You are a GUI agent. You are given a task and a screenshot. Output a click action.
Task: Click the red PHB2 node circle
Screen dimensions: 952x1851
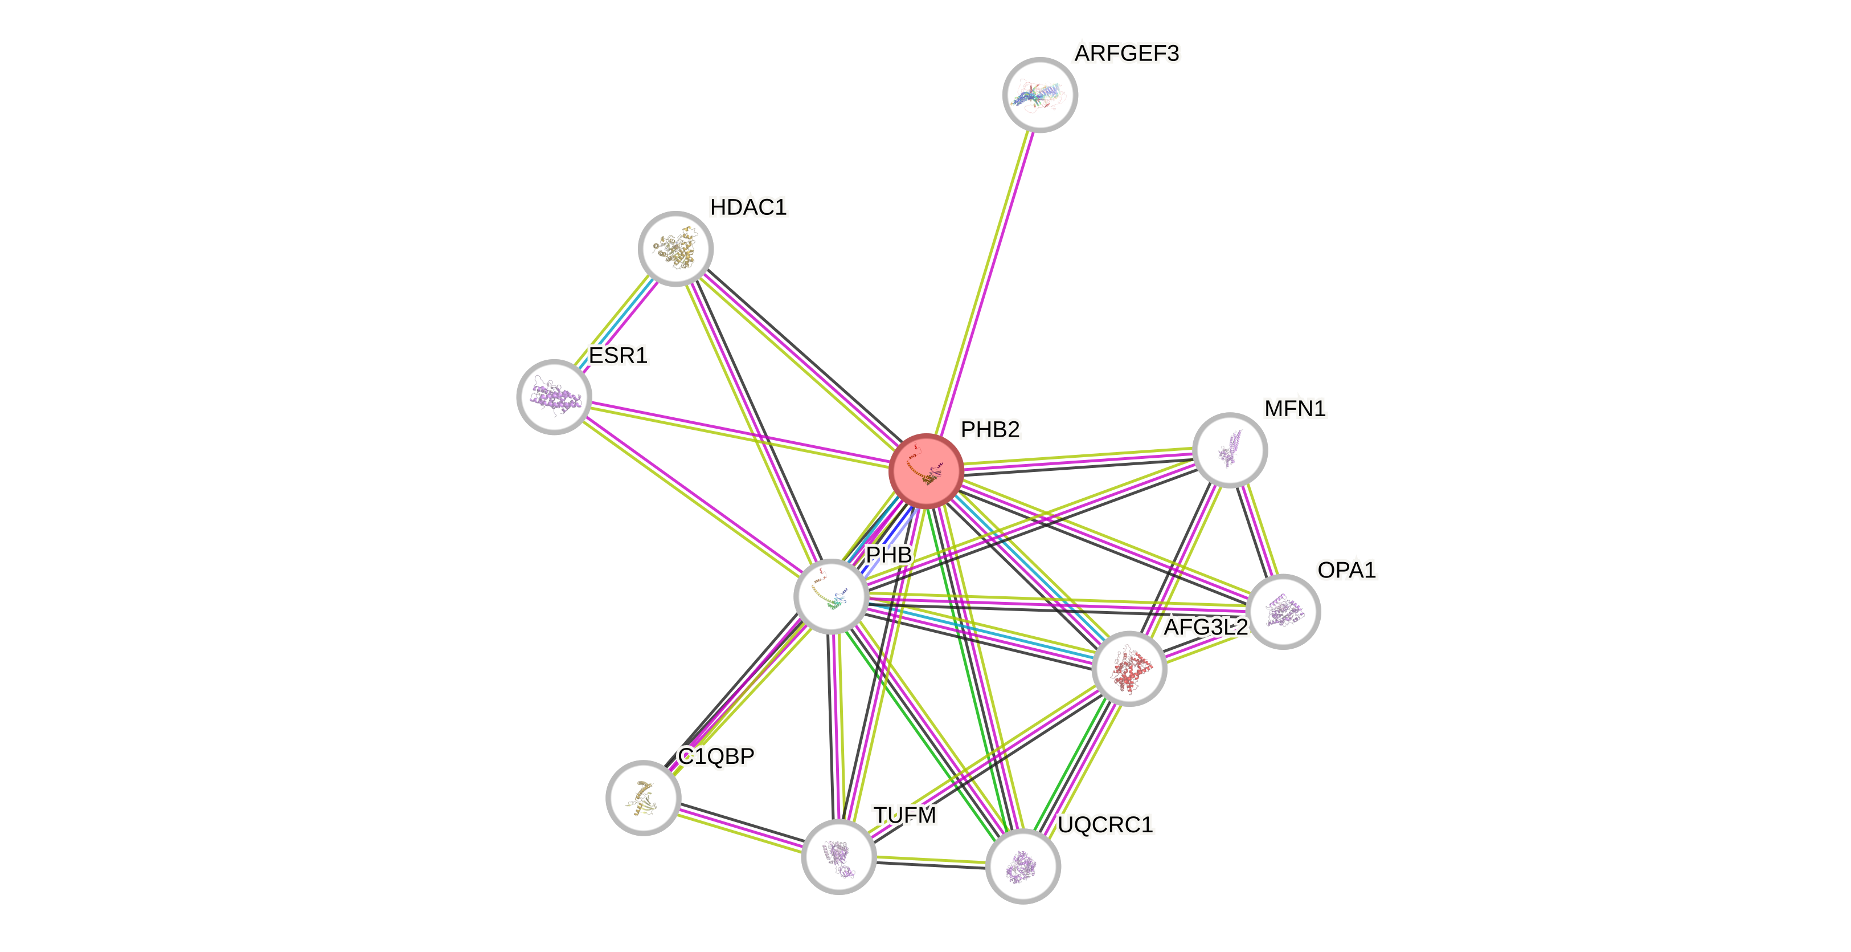click(925, 471)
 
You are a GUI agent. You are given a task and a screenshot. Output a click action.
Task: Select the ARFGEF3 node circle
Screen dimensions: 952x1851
click(1040, 95)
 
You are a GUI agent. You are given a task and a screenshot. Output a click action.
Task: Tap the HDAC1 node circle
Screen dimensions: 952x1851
click(675, 249)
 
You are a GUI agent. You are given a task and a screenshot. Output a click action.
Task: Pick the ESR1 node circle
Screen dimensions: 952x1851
click(554, 397)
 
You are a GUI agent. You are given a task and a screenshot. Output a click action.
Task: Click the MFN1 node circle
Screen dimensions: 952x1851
click(1230, 450)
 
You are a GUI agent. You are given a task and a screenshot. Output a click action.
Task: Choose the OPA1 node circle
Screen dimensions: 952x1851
click(1283, 611)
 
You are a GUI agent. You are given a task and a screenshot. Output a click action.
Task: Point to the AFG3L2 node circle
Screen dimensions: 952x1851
click(1129, 669)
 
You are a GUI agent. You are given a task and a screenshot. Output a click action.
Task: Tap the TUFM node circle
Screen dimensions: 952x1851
click(838, 856)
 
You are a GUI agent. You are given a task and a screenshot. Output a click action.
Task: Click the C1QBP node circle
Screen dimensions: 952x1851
click(643, 798)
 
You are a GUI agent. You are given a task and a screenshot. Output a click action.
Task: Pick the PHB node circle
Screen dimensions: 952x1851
click(832, 596)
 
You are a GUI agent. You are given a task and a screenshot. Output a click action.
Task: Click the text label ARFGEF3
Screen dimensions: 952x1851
click(1127, 53)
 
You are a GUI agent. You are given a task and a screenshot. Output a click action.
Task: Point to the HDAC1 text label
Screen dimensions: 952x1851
click(748, 207)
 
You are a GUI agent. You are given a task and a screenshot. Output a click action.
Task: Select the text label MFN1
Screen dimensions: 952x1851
click(1295, 408)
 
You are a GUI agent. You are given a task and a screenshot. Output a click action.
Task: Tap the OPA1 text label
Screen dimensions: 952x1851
click(1346, 569)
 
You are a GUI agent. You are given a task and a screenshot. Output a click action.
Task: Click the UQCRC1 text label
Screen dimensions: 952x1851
click(1105, 824)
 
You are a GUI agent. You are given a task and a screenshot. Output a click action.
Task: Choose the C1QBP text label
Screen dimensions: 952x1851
click(716, 756)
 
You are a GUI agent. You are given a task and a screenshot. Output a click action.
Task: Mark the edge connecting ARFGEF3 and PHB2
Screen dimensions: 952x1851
click(983, 283)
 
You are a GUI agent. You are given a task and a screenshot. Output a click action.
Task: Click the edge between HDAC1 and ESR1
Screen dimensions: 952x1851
click(615, 322)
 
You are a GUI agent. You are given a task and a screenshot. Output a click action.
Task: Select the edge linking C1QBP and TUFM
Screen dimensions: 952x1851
click(741, 828)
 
